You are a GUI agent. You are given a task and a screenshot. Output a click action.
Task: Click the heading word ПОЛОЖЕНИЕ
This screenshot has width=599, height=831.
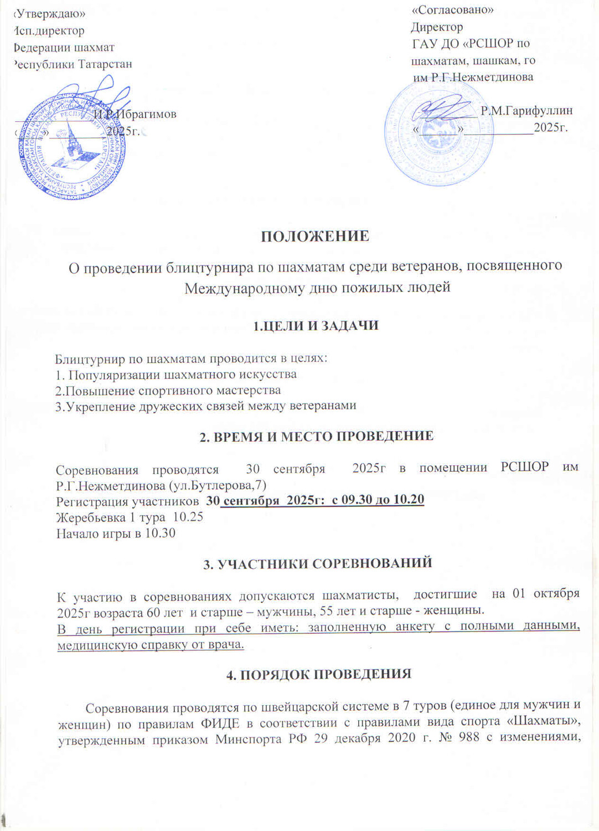(x=315, y=237)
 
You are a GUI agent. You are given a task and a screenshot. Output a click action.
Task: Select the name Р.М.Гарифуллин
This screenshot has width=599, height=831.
(x=526, y=111)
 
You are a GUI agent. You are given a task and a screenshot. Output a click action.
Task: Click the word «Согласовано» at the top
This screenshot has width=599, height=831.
(x=453, y=9)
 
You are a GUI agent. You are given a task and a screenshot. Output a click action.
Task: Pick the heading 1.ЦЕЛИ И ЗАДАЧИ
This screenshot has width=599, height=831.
(x=316, y=326)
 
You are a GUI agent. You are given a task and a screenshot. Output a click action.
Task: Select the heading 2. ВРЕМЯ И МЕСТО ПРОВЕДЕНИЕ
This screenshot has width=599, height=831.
(x=316, y=436)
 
